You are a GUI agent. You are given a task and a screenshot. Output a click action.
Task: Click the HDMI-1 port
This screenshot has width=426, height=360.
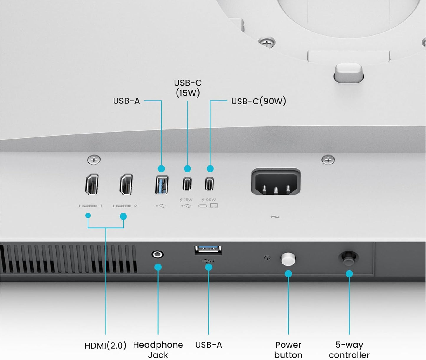[x=92, y=185]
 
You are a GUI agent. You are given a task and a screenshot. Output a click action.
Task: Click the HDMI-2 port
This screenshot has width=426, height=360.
[x=126, y=185]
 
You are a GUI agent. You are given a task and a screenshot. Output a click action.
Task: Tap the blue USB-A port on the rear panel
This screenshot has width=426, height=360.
[x=162, y=185]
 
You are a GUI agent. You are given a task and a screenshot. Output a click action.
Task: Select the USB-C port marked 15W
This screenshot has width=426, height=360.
[x=187, y=184]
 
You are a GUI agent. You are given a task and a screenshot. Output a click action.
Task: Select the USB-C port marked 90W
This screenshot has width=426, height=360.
[x=209, y=184]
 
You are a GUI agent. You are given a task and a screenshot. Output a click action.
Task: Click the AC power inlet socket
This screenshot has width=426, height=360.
[x=276, y=182]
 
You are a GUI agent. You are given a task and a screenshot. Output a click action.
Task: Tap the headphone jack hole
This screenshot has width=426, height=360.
[x=157, y=254]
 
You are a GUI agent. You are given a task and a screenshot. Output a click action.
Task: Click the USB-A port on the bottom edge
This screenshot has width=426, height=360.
[x=208, y=250]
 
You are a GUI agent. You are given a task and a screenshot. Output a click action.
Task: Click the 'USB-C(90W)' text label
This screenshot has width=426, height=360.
[x=259, y=101]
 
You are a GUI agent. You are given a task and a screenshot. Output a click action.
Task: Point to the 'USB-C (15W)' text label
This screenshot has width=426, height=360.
[x=188, y=88]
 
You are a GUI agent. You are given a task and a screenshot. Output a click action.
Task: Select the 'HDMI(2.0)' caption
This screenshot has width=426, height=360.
[x=105, y=345]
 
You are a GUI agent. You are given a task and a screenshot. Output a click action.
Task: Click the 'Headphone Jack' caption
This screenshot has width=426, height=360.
[x=158, y=350]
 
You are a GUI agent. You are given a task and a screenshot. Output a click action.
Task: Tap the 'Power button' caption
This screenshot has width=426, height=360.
[x=288, y=350]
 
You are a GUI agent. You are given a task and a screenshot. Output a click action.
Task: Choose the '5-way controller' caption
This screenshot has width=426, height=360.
[x=349, y=350]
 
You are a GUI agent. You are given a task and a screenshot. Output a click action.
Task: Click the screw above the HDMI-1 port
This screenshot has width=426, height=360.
[x=94, y=160]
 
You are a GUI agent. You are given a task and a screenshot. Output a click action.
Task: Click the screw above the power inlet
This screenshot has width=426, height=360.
[x=328, y=160]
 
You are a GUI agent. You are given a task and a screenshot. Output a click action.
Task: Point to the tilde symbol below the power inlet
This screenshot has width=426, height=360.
[x=275, y=217]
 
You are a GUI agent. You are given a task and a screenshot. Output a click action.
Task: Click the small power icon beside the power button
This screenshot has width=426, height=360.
[x=267, y=258]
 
